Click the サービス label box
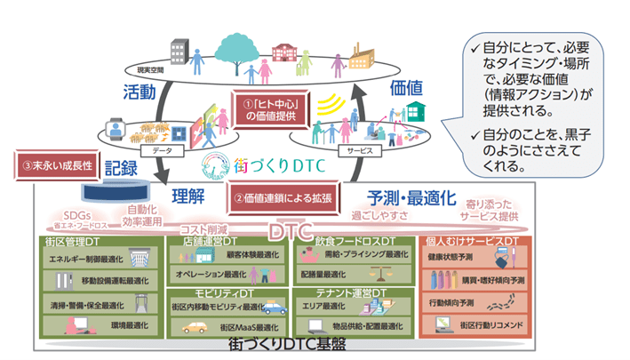(x=359, y=152)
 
